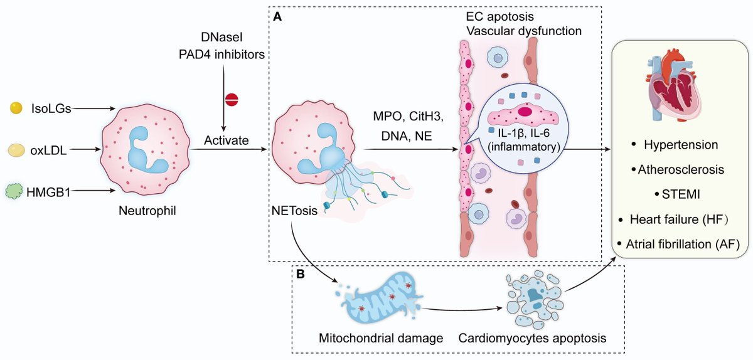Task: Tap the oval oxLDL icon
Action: (x=16, y=150)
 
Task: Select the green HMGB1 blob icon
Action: (x=16, y=189)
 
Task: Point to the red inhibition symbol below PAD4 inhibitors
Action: (x=232, y=99)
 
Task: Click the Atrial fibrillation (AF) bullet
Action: (x=680, y=243)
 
